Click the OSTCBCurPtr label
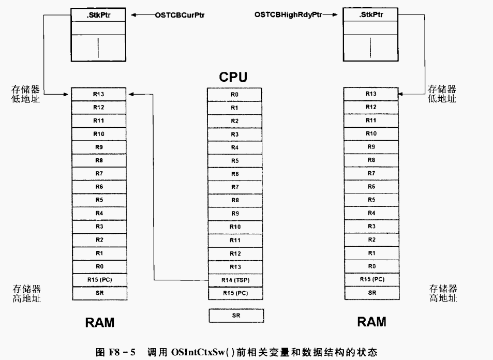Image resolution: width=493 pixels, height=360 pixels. pyautogui.click(x=180, y=15)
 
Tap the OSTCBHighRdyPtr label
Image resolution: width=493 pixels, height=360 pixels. pyautogui.click(x=288, y=15)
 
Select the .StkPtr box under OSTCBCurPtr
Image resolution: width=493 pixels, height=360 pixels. pyautogui.click(x=98, y=15)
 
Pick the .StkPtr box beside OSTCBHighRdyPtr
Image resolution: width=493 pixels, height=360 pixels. pyautogui.click(x=371, y=15)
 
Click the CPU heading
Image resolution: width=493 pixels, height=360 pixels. pyautogui.click(x=233, y=77)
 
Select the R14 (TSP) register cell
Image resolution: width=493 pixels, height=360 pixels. pyautogui.click(x=235, y=280)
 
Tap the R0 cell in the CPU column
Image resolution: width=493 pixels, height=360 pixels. pyautogui.click(x=234, y=94)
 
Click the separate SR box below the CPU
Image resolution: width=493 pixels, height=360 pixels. pyautogui.click(x=236, y=316)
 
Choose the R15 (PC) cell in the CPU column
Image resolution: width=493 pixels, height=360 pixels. pyautogui.click(x=235, y=293)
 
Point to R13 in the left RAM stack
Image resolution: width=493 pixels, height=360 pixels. pyautogui.click(x=98, y=94)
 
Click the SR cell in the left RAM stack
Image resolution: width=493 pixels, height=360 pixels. pyautogui.click(x=100, y=293)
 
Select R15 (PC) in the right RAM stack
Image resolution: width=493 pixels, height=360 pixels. pyautogui.click(x=372, y=279)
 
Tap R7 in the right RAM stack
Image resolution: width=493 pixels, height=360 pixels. pyautogui.click(x=371, y=173)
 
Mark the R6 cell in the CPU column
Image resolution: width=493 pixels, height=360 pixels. pyautogui.click(x=235, y=174)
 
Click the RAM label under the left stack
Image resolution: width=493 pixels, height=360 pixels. pyautogui.click(x=100, y=323)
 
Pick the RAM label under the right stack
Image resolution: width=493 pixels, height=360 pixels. pyautogui.click(x=371, y=322)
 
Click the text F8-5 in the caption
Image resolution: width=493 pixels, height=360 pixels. pyautogui.click(x=122, y=352)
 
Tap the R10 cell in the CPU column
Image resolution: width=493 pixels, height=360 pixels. pyautogui.click(x=235, y=227)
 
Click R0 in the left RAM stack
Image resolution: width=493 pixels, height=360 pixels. pyautogui.click(x=99, y=266)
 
